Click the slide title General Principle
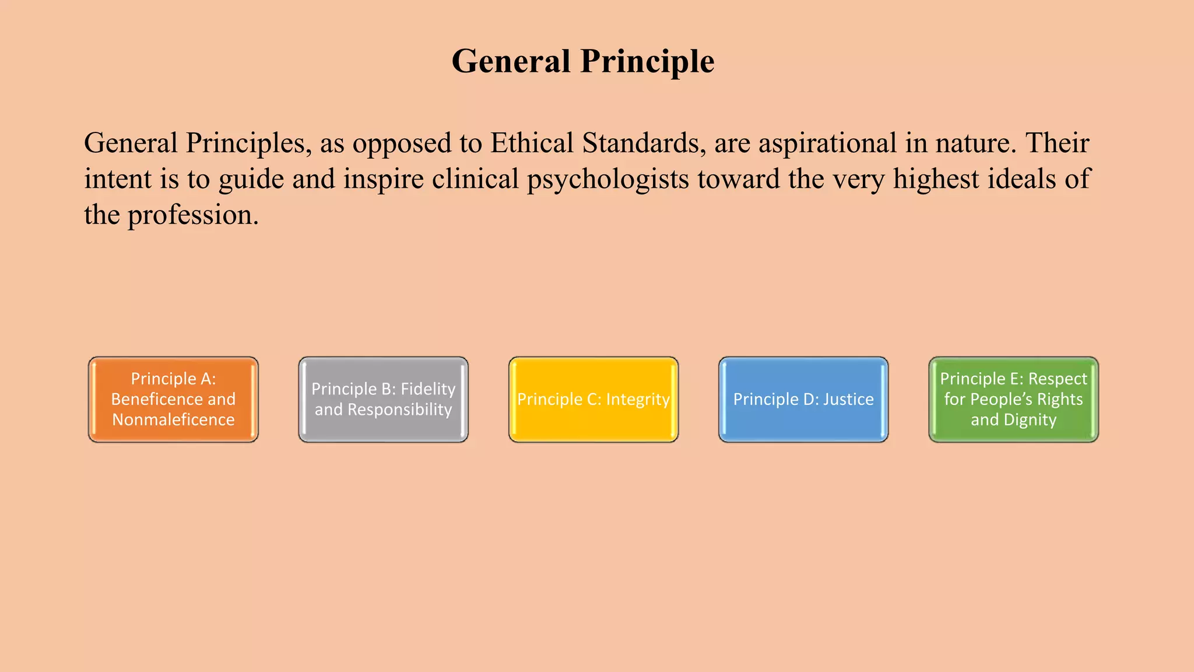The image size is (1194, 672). click(x=583, y=61)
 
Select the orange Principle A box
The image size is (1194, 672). click(x=173, y=400)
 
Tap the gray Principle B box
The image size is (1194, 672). click(x=383, y=400)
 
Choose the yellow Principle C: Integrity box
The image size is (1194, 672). click(x=594, y=400)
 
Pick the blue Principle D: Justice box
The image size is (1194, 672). click(x=803, y=400)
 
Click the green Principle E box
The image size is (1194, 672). click(x=1013, y=400)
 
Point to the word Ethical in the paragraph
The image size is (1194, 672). click(x=532, y=143)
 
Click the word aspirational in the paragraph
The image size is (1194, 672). click(x=827, y=143)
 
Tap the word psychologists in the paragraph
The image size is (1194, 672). click(x=608, y=180)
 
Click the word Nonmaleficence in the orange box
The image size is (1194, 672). click(x=173, y=420)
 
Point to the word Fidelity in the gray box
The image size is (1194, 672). click(x=428, y=389)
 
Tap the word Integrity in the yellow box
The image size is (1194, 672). click(x=638, y=400)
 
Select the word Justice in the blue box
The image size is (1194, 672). click(x=848, y=400)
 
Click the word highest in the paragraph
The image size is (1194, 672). click(x=936, y=179)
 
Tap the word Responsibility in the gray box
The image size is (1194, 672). click(x=399, y=409)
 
